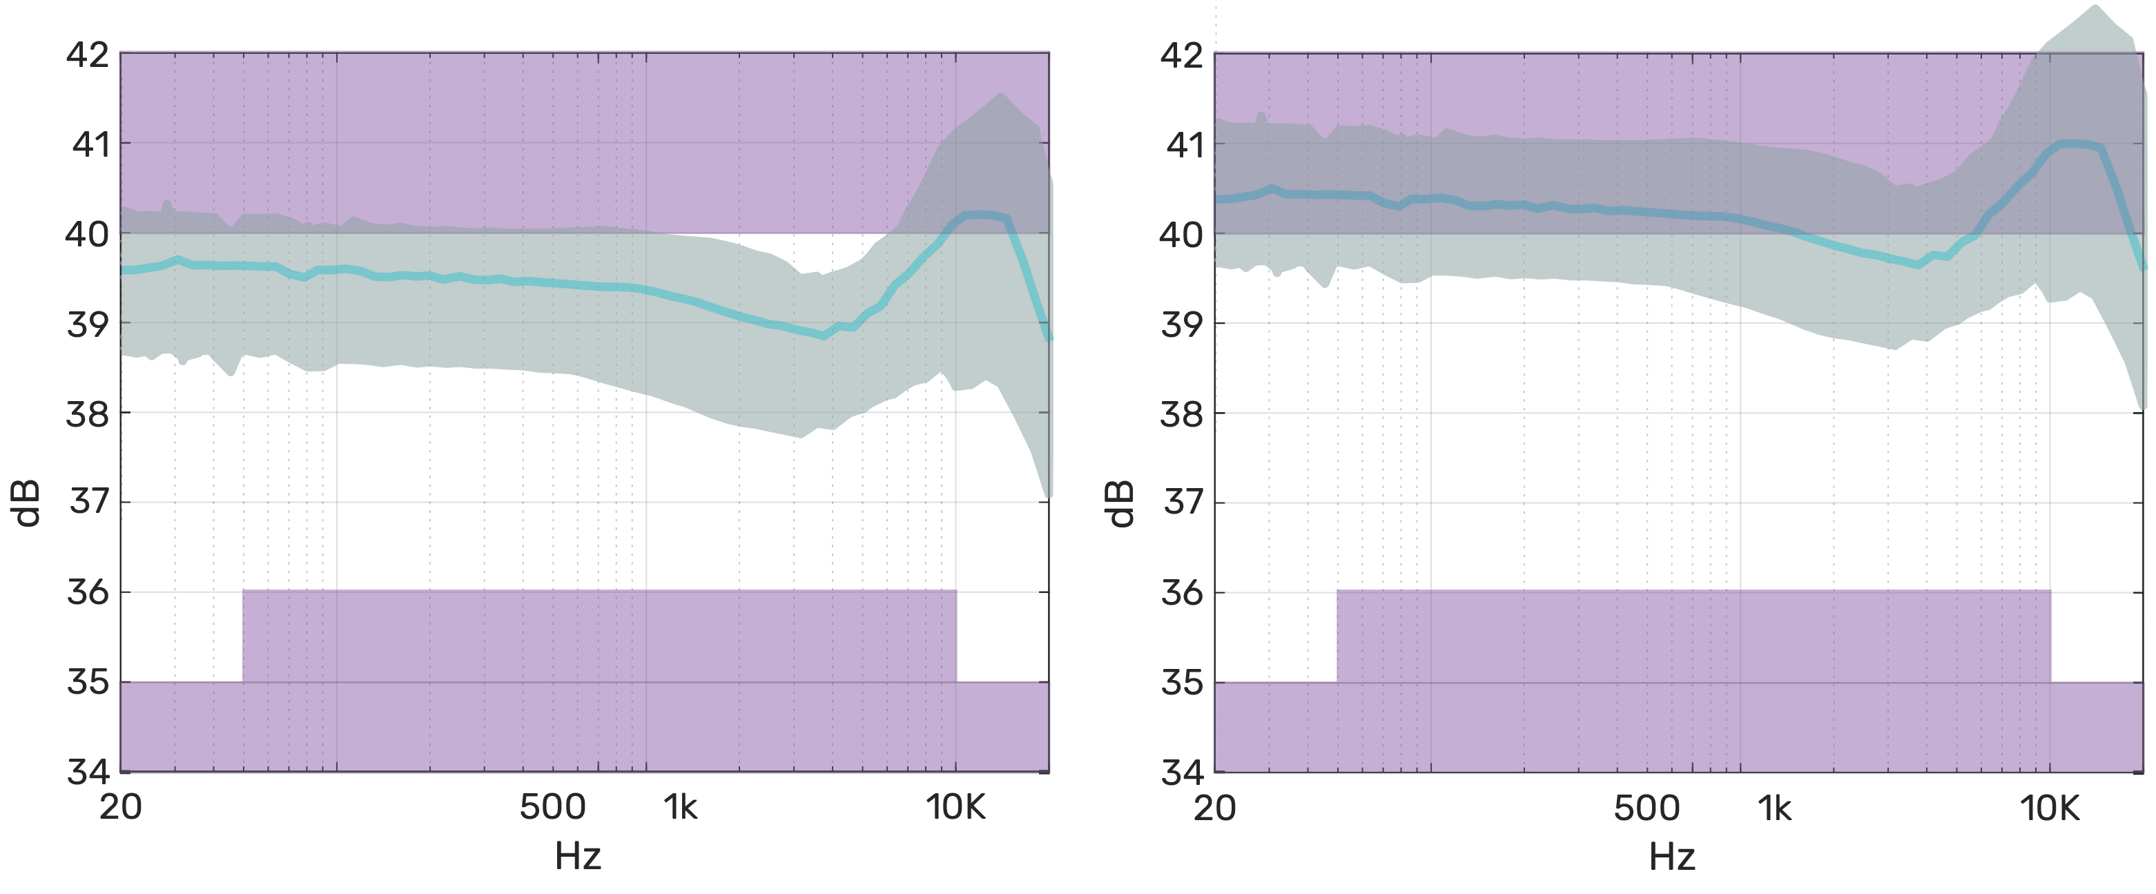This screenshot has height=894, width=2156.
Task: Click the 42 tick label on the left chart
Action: click(x=88, y=55)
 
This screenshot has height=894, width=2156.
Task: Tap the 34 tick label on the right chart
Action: click(x=1182, y=772)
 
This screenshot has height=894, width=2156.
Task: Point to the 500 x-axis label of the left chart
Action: click(x=552, y=808)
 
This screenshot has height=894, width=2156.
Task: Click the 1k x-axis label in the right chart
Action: click(x=1774, y=808)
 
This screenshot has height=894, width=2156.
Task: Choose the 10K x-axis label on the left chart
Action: click(x=955, y=808)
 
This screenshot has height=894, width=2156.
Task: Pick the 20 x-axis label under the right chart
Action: click(x=1214, y=808)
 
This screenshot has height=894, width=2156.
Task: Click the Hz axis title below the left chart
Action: click(x=579, y=856)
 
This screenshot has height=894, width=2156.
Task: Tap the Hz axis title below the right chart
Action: click(x=1672, y=857)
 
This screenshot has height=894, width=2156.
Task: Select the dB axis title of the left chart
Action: click(x=28, y=503)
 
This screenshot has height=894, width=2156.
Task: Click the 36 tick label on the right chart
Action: click(x=1182, y=592)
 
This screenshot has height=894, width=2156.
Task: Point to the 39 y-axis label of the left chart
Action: click(x=88, y=323)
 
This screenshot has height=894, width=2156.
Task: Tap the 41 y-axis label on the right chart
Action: click(x=1184, y=145)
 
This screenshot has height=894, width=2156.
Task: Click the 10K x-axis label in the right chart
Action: click(x=2050, y=808)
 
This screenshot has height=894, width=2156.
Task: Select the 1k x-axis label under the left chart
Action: click(x=681, y=808)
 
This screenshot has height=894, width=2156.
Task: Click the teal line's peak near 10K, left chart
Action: click(x=979, y=214)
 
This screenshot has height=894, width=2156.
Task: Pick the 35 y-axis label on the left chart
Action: click(x=88, y=681)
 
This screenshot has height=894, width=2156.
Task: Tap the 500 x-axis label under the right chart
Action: click(x=1647, y=808)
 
